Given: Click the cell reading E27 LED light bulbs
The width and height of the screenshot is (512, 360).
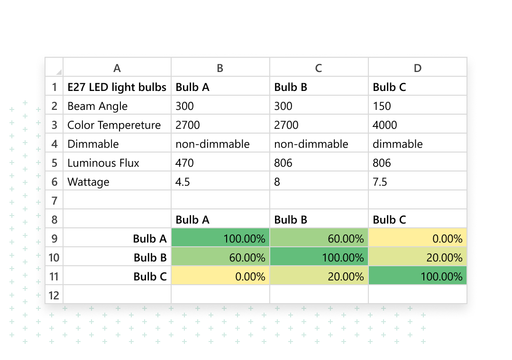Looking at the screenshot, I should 117,87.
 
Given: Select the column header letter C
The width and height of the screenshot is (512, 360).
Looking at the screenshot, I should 319,68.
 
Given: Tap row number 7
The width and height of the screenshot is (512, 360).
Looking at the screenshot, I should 55,201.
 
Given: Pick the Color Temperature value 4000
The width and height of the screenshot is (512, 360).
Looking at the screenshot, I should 385,125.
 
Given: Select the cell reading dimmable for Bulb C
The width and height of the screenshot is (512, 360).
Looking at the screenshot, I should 397,144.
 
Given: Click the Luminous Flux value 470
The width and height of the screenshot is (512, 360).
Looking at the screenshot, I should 185,163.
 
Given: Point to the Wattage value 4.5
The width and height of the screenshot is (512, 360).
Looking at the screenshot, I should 183,182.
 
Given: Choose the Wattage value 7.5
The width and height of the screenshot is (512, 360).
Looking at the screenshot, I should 380,182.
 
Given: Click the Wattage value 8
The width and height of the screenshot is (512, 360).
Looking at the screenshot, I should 277,182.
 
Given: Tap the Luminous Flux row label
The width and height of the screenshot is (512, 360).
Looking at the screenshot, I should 103,163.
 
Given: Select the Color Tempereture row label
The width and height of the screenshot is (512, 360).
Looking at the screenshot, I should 114,125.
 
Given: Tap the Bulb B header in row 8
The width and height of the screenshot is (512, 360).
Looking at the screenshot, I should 291,220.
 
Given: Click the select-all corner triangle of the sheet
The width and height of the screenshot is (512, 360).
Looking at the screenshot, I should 59,72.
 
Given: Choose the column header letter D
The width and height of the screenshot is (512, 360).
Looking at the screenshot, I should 417,68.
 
